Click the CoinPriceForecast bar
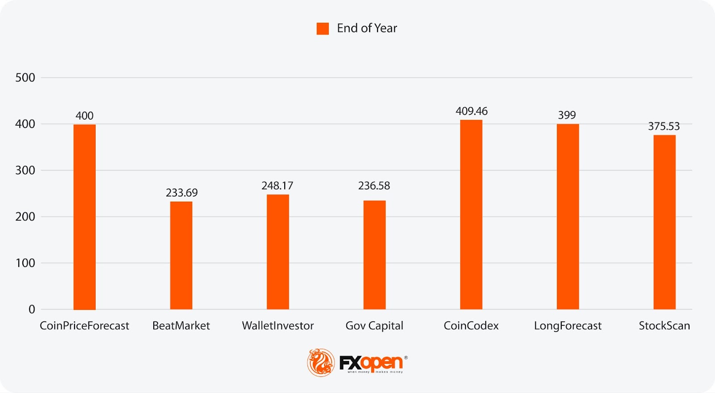84,217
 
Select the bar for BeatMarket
181,255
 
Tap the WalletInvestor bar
278,252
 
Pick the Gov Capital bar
374,255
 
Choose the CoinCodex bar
471,215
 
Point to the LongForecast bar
568,217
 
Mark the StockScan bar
665,222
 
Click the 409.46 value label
471,111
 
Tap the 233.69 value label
181,193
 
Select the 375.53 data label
664,126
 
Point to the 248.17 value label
278,186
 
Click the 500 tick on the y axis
25,78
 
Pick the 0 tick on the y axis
32,309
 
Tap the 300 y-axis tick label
25,170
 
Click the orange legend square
323,29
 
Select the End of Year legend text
367,28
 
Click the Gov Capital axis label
374,326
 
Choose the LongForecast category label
568,326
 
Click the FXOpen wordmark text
371,363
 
